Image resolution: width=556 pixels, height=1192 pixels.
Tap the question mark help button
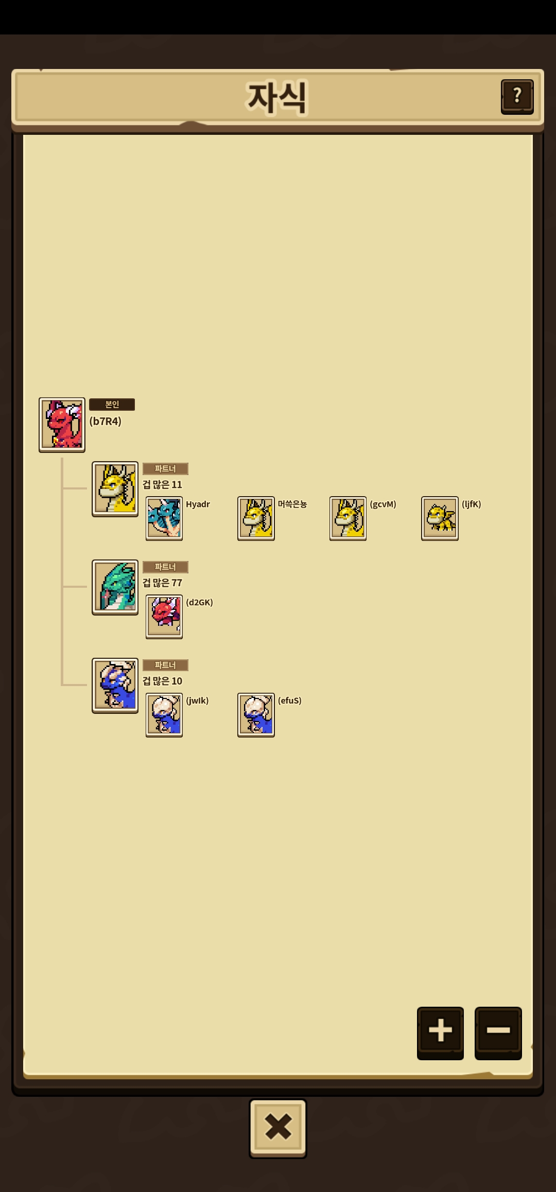coord(517,96)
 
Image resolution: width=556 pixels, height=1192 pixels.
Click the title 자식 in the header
coord(277,97)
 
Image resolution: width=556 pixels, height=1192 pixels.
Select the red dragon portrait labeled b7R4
coord(62,425)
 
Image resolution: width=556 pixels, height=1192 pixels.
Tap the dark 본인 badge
coord(112,405)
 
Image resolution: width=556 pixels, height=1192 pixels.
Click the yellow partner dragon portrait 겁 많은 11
coord(115,489)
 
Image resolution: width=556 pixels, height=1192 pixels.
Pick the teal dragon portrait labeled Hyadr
coord(164,518)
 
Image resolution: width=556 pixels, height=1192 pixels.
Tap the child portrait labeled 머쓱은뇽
coord(256,518)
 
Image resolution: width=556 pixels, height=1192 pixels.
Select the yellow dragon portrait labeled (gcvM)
coord(348,518)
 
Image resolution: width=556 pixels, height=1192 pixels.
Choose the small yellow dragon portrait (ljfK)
coord(440,518)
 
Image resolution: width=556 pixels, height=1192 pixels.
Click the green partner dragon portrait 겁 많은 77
coord(115,587)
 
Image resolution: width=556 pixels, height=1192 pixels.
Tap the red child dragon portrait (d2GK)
coord(164,617)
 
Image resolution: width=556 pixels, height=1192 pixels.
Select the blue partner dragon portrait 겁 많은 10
coord(115,686)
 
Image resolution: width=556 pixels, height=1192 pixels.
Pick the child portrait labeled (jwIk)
coord(164,715)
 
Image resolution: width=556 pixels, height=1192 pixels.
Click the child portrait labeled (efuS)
coord(256,715)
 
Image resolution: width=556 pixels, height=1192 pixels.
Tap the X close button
coord(278,1128)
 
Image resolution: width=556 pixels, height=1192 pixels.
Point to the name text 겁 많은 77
coord(162,583)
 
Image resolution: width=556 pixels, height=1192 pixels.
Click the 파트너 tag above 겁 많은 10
coord(165,665)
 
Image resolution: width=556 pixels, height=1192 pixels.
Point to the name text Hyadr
coord(198,504)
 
